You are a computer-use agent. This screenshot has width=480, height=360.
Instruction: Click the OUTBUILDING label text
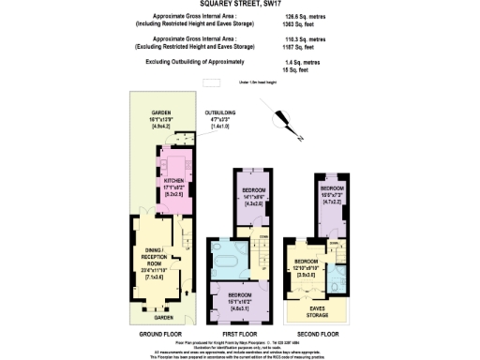click(222, 112)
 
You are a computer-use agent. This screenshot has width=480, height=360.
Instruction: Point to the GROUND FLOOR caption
click(159, 333)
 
